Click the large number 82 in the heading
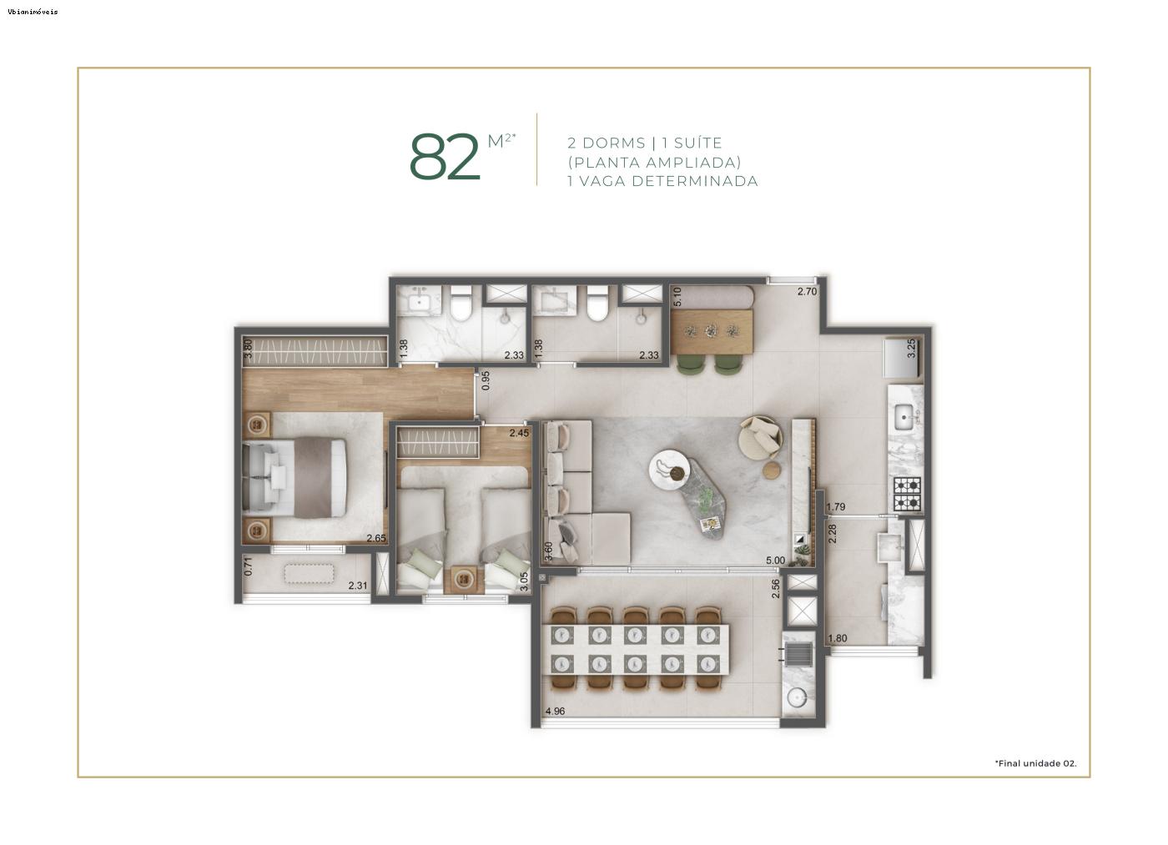[x=446, y=157]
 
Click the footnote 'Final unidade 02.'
[x=1035, y=763]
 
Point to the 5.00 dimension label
[x=775, y=561]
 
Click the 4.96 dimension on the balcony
[x=555, y=712]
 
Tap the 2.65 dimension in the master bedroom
[x=375, y=538]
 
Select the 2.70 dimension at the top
[x=807, y=292]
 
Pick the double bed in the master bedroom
[x=295, y=476]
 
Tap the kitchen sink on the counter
[x=904, y=414]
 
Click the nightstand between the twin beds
[x=463, y=579]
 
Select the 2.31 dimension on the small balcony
[x=357, y=586]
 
